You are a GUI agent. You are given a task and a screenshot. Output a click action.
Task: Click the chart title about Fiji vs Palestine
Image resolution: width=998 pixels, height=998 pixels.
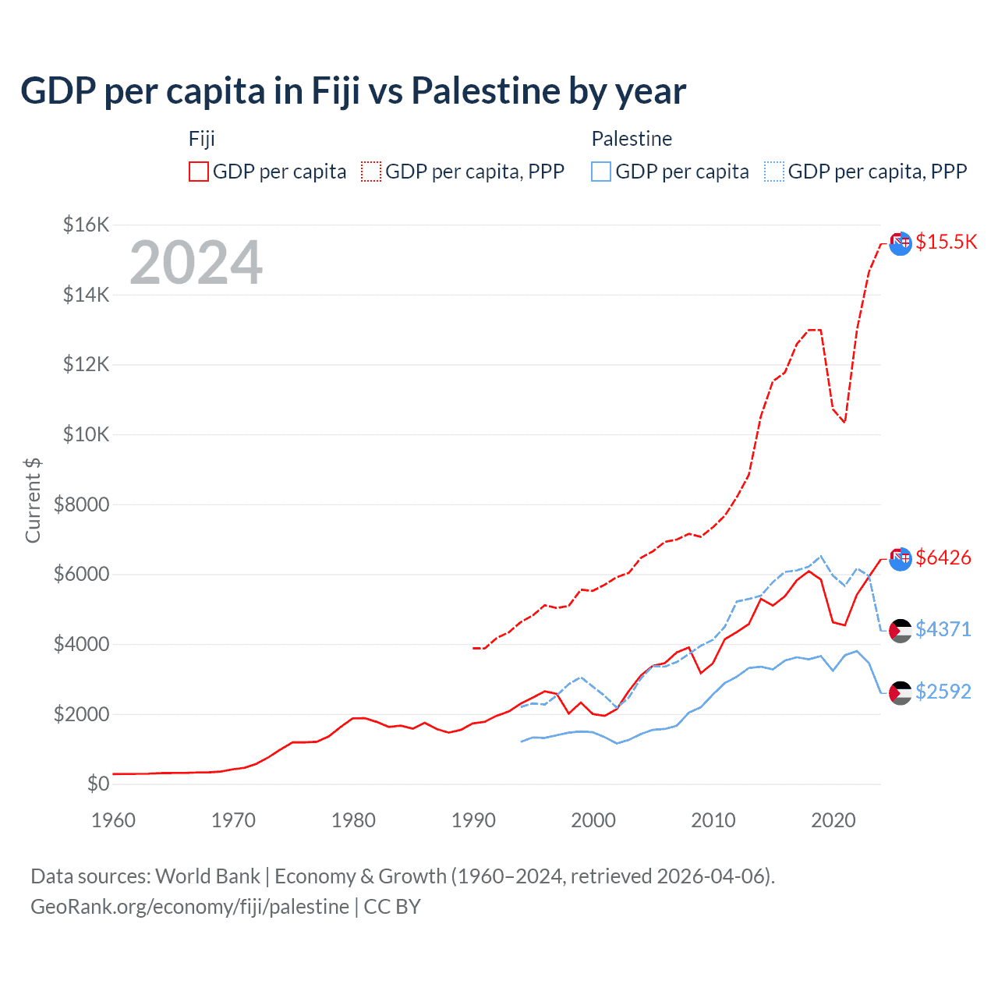click(353, 91)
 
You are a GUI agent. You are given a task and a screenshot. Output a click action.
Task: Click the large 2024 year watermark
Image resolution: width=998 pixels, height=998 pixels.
click(196, 263)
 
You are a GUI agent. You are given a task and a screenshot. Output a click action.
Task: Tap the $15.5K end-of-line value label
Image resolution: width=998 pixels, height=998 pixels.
click(946, 242)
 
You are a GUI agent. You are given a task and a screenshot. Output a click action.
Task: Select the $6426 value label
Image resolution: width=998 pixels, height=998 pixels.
click(943, 557)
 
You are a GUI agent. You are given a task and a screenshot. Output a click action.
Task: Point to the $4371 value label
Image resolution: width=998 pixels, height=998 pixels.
click(943, 629)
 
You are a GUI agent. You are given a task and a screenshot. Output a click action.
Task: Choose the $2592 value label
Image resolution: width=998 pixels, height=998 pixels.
click(943, 692)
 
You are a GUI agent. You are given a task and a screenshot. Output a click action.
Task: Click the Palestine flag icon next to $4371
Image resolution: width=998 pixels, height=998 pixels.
click(901, 630)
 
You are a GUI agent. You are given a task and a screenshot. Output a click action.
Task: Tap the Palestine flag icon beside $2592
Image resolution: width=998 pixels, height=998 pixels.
click(901, 692)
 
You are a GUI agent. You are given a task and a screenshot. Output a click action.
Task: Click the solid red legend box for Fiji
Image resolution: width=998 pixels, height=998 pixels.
click(199, 172)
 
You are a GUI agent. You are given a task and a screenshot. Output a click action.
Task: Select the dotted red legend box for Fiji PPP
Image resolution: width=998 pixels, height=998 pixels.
click(371, 172)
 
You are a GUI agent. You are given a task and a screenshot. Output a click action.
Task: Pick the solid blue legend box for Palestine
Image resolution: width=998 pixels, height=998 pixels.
click(601, 172)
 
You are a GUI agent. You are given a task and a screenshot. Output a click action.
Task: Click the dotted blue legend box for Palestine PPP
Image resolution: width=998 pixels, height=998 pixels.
click(774, 172)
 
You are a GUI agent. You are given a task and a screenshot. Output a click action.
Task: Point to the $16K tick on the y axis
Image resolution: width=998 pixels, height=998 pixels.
click(87, 225)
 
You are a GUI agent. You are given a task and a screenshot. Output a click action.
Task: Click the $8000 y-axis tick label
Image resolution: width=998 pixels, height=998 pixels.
click(82, 504)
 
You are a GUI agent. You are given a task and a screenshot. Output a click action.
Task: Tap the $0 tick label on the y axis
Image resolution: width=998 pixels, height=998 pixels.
click(98, 784)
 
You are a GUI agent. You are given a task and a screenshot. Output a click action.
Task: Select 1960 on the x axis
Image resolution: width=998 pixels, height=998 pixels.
click(114, 820)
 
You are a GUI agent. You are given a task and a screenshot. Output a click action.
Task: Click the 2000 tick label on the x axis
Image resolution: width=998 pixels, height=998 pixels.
click(593, 820)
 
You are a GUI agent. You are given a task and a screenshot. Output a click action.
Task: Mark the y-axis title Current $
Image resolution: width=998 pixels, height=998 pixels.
click(33, 501)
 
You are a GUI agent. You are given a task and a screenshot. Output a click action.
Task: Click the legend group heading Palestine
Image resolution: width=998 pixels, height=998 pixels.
click(632, 139)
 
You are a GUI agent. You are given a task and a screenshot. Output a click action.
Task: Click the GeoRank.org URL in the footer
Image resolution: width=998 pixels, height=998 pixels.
click(190, 907)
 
